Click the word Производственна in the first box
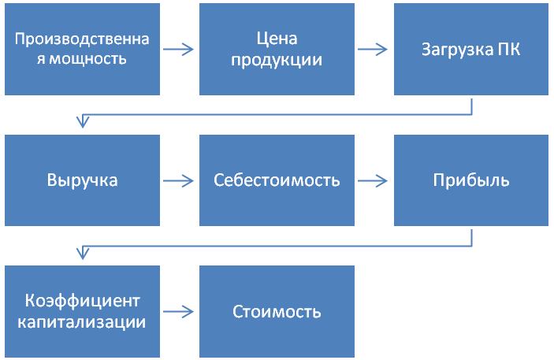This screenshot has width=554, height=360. (82, 39)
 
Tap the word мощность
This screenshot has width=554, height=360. (87, 58)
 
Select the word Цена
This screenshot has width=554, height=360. (277, 39)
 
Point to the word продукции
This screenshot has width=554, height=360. (277, 60)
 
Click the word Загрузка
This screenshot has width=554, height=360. (458, 50)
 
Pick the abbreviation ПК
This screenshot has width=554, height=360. (509, 49)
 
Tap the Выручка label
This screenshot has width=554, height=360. (82, 180)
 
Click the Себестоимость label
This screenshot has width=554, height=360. (277, 180)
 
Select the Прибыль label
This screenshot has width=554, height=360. (471, 180)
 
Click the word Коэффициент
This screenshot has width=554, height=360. (82, 301)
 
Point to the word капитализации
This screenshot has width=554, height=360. (82, 322)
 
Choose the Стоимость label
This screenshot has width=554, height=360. (277, 312)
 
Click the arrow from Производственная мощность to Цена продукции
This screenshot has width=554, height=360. (178, 49)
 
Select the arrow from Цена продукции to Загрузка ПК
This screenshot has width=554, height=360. (373, 49)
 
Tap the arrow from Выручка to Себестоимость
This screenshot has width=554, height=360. (178, 181)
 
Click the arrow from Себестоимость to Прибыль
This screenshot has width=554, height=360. (373, 181)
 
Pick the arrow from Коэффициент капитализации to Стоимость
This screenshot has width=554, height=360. (178, 312)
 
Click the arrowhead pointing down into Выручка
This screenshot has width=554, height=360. (83, 121)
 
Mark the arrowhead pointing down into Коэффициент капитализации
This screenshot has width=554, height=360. (83, 253)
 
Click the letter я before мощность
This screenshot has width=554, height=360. (41, 59)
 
